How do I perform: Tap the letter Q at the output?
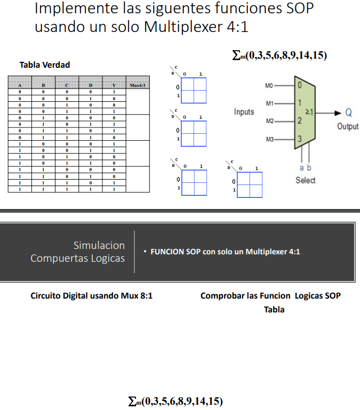pos(348,112)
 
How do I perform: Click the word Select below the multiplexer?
pos(306,180)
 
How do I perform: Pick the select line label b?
pos(309,167)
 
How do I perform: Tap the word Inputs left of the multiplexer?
pos(244,112)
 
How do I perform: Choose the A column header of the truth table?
pos(20,85)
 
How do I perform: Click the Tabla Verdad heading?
pos(45,65)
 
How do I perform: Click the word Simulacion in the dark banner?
pos(99,245)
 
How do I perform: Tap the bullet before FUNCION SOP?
pos(145,252)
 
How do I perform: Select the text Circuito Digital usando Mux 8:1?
pos(92,295)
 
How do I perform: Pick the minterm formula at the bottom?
pos(175,400)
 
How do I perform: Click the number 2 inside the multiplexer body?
pos(300,121)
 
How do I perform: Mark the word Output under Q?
pos(348,127)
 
